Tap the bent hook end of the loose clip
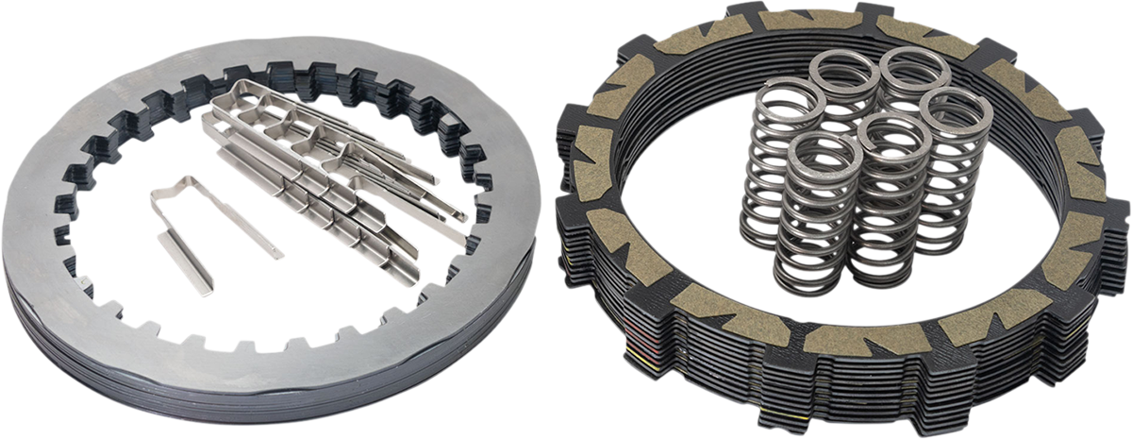pyautogui.click(x=161, y=193)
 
